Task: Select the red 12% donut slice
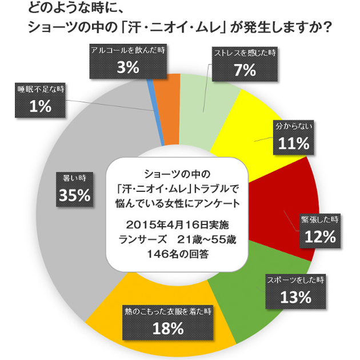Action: pyautogui.click(x=286, y=194)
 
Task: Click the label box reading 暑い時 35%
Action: pyautogui.click(x=74, y=189)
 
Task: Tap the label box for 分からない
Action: pyautogui.click(x=294, y=138)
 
